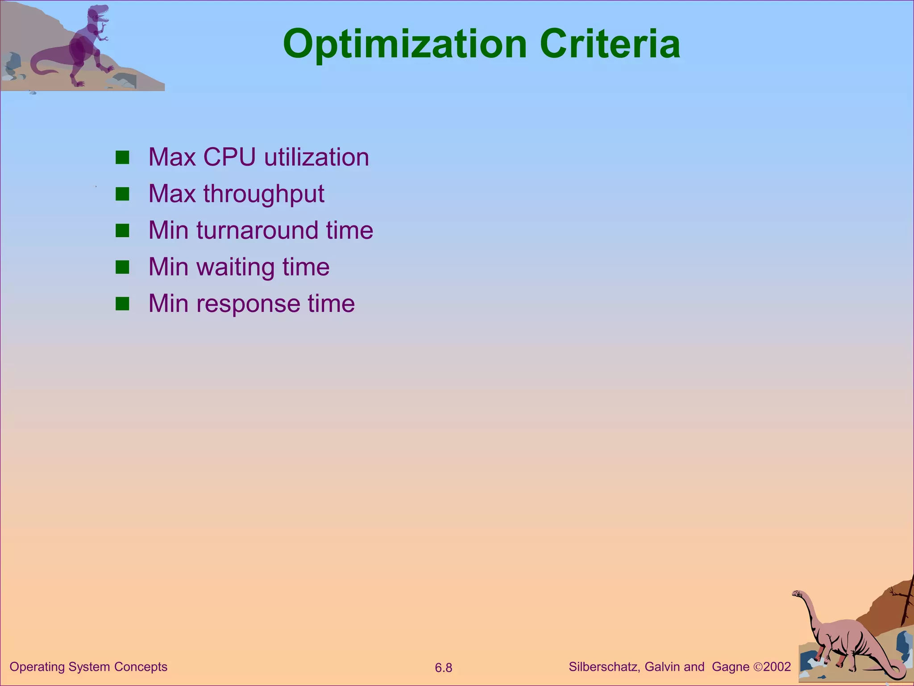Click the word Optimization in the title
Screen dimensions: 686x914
click(405, 45)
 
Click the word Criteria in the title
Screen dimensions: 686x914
click(610, 45)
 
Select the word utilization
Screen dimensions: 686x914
click(316, 157)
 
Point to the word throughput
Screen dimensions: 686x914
click(264, 195)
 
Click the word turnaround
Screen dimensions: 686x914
click(257, 230)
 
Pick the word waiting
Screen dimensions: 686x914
click(236, 268)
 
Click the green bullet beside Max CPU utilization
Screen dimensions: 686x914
click(122, 158)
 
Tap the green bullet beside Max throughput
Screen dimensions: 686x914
click(122, 194)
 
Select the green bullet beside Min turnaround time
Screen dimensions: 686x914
click(122, 230)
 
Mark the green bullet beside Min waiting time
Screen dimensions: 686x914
click(122, 267)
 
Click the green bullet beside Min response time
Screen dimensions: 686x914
click(122, 304)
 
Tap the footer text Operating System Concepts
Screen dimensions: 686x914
click(88, 667)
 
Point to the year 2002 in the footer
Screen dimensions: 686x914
click(777, 667)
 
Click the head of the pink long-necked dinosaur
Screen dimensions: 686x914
click(797, 594)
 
